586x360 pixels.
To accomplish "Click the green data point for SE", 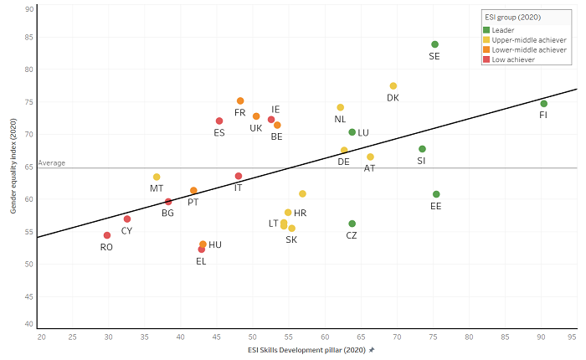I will point(434,44).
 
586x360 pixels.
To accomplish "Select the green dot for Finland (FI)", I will point(544,104).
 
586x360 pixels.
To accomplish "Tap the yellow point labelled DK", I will point(393,86).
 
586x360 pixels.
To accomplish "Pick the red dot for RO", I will point(107,235).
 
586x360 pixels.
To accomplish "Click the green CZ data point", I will point(352,224).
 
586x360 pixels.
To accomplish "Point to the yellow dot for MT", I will point(157,177).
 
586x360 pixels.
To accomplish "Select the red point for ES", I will point(219,121).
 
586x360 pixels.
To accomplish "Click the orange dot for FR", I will point(240,101).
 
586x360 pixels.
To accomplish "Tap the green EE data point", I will point(436,194).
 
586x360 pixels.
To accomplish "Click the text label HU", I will point(215,244).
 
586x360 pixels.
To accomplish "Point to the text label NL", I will point(340,119).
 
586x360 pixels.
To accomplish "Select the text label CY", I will point(126,230).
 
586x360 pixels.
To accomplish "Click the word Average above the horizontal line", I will point(51,163).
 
